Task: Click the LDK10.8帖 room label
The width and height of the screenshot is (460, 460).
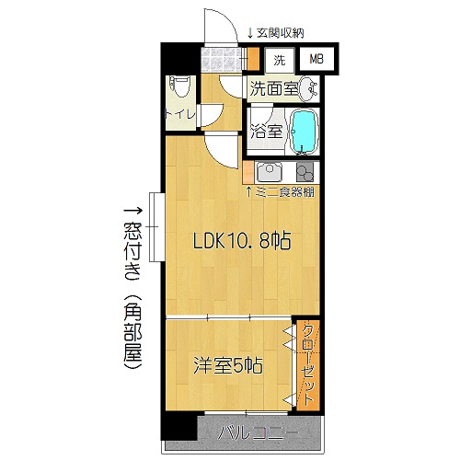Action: tap(241, 243)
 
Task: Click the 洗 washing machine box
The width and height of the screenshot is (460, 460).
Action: tap(279, 60)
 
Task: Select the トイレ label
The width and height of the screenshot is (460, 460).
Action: tap(178, 116)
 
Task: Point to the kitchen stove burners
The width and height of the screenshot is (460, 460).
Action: tap(305, 172)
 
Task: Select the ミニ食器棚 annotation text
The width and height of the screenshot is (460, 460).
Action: tap(286, 191)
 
